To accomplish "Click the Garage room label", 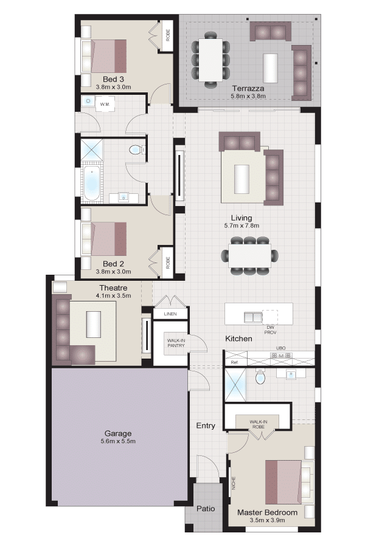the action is pos(118,433).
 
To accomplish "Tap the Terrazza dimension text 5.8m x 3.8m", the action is pos(248,96).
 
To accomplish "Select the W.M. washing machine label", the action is pos(105,105).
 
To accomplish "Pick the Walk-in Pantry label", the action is pos(176,343).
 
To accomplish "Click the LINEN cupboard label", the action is pos(170,314).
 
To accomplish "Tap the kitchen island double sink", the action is pos(253,317).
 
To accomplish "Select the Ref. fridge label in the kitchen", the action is pos(235,362).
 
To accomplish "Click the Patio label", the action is pos(206,509).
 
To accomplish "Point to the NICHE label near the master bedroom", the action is pos(234,483).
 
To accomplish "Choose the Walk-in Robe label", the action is pos(259,424).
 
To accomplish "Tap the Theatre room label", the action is pos(113,288).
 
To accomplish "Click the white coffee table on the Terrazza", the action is pos(270,68).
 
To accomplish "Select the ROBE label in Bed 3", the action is pos(168,35).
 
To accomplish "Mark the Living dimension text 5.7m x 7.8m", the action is pos(242,225).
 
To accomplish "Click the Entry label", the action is pos(206,425).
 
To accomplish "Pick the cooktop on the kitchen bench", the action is pos(282,356).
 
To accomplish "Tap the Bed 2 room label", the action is pos(113,264).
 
